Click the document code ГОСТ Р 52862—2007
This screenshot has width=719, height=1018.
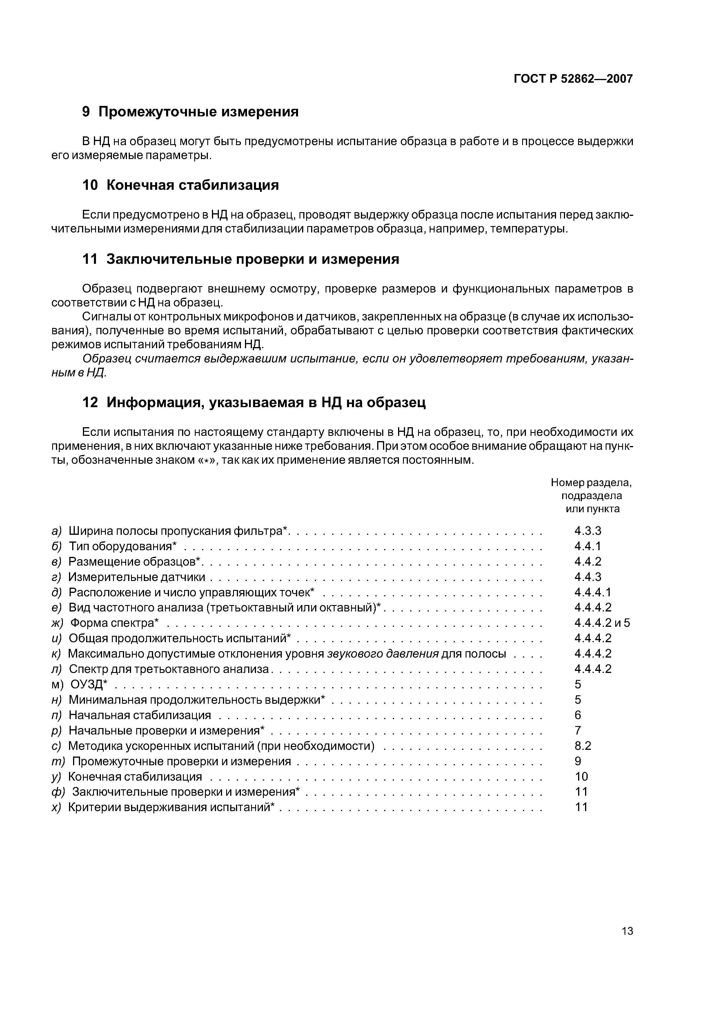573,79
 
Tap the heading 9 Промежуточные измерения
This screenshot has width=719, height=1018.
190,112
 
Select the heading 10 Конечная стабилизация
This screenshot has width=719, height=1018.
181,185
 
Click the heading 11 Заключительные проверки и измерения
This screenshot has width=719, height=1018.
241,259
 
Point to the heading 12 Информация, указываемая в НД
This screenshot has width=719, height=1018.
254,402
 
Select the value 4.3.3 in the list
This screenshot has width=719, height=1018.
588,531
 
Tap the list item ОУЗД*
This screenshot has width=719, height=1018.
89,685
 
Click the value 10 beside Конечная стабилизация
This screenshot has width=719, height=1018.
581,776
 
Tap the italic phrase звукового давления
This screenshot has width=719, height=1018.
383,654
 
